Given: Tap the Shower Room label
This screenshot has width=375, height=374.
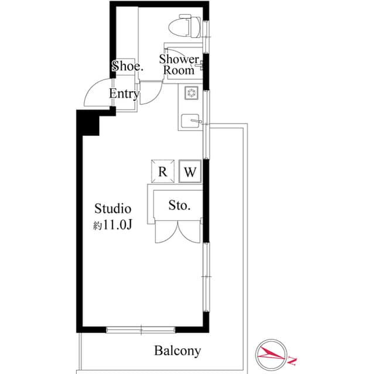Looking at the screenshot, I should coord(179,64).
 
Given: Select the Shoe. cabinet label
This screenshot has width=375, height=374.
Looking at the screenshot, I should coord(127,66).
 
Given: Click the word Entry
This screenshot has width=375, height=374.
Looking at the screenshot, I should coord(124,94).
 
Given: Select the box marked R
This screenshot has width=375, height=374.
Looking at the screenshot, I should coord(163,172).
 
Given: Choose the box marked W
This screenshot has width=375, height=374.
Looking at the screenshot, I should coord(190,172).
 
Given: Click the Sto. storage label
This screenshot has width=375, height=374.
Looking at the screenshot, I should coord(179,205).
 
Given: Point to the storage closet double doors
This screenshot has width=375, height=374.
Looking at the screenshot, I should coord(179,232).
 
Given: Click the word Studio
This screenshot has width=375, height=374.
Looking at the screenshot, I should coord(112,208).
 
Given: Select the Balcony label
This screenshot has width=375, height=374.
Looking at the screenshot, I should coord(178,351).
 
